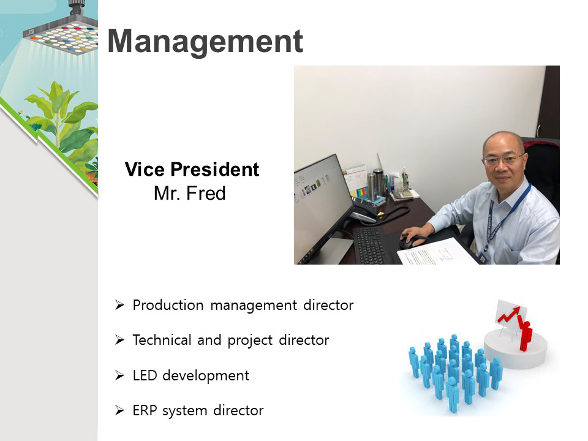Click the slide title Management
[205, 41]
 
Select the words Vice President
[192, 169]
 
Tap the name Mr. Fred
[189, 194]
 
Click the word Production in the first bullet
[168, 305]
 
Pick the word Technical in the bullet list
[162, 340]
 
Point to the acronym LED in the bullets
[145, 375]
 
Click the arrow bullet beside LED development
[119, 375]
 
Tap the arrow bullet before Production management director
[119, 305]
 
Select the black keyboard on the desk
[370, 245]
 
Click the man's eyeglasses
[502, 160]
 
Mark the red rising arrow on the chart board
[509, 315]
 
